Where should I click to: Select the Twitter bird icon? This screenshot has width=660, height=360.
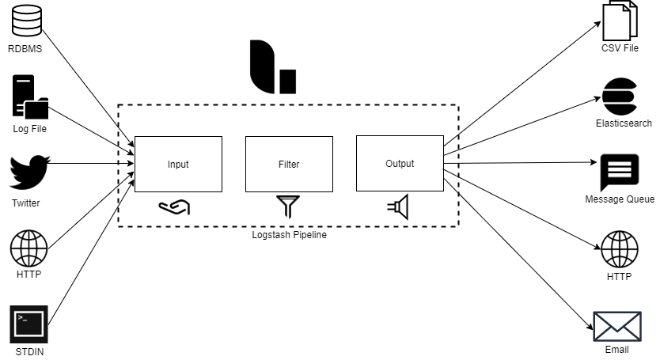(29, 172)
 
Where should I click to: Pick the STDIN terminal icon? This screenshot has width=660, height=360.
(29, 324)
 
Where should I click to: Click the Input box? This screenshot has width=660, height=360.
(178, 164)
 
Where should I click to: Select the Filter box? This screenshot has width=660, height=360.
(289, 164)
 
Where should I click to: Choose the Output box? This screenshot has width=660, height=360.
(400, 164)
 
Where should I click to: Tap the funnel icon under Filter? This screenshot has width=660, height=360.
(288, 207)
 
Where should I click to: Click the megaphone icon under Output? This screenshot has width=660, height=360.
(398, 207)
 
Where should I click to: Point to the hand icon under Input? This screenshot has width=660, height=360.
(174, 207)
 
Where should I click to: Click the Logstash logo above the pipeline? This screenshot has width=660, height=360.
(271, 68)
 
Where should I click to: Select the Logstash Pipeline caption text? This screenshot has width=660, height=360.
(288, 235)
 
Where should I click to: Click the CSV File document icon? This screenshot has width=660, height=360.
(620, 21)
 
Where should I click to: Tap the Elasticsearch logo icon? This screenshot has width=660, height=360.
(620, 96)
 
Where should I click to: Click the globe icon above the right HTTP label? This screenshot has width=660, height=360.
(620, 250)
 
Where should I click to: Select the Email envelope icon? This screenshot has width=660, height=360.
(616, 325)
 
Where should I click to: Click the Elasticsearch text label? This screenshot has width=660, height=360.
(624, 123)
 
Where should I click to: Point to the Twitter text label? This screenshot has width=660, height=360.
(26, 203)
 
